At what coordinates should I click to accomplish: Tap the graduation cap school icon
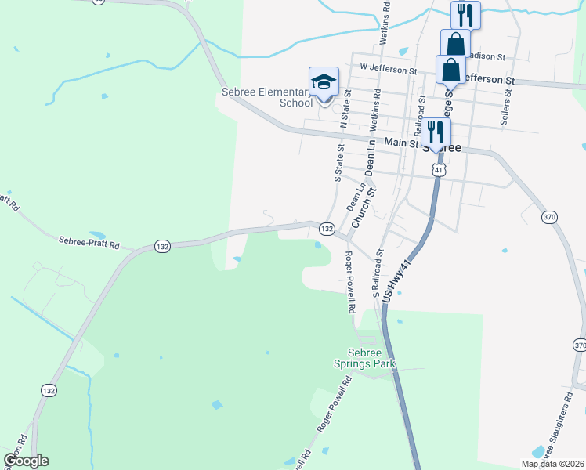324,81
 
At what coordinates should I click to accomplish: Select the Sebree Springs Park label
373,359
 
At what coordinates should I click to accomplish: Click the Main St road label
403,143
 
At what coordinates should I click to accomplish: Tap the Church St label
364,207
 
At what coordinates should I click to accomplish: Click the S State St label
339,163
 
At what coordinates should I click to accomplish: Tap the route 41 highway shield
439,169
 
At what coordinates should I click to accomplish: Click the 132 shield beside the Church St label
327,229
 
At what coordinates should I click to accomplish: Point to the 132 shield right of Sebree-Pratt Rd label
161,246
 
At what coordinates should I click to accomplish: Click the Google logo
26,461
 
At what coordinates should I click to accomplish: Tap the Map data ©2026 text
552,464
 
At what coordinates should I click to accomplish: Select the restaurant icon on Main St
435,132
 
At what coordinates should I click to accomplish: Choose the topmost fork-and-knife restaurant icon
465,15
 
